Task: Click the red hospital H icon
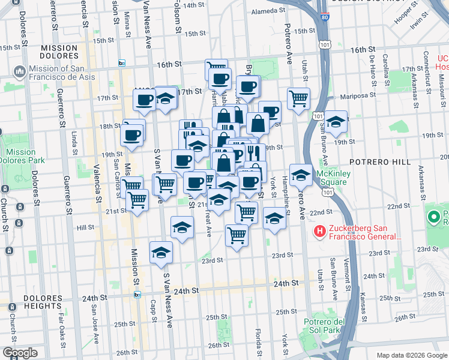(x=320, y=231)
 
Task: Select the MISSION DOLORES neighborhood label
(x=59, y=52)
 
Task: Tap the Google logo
(x=20, y=353)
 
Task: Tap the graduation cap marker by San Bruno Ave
(x=337, y=121)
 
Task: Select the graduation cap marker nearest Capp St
(x=161, y=253)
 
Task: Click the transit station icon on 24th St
(x=138, y=295)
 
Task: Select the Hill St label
(x=86, y=227)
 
